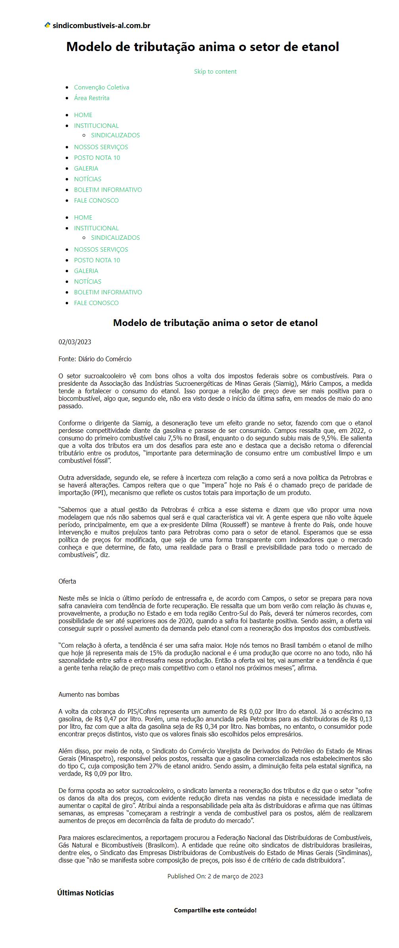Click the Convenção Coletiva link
tap(101, 87)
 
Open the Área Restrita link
tap(91, 98)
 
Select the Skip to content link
tap(215, 71)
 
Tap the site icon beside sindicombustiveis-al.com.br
tap(47, 25)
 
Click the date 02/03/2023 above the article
tap(75, 342)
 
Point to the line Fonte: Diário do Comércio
tap(95, 359)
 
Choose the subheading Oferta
tap(67, 581)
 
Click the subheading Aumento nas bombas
tap(89, 694)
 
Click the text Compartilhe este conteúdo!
tap(215, 910)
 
